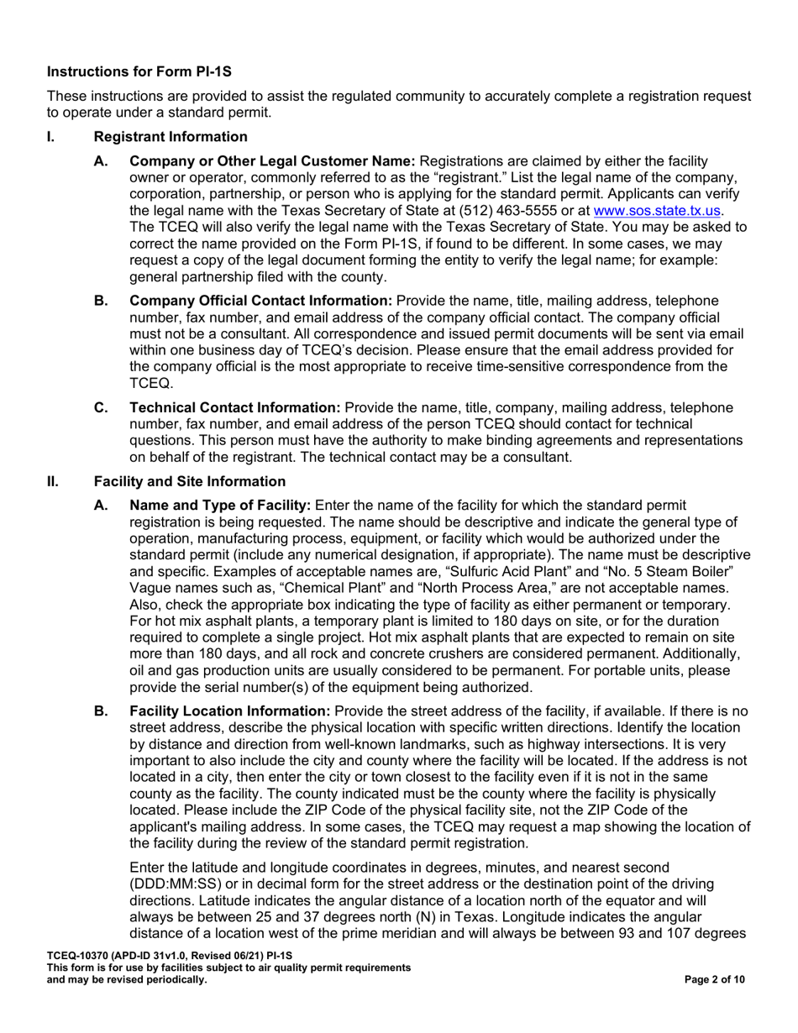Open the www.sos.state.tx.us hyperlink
[x=658, y=210]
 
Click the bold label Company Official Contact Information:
[x=260, y=301]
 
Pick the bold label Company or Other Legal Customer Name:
[x=271, y=160]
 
